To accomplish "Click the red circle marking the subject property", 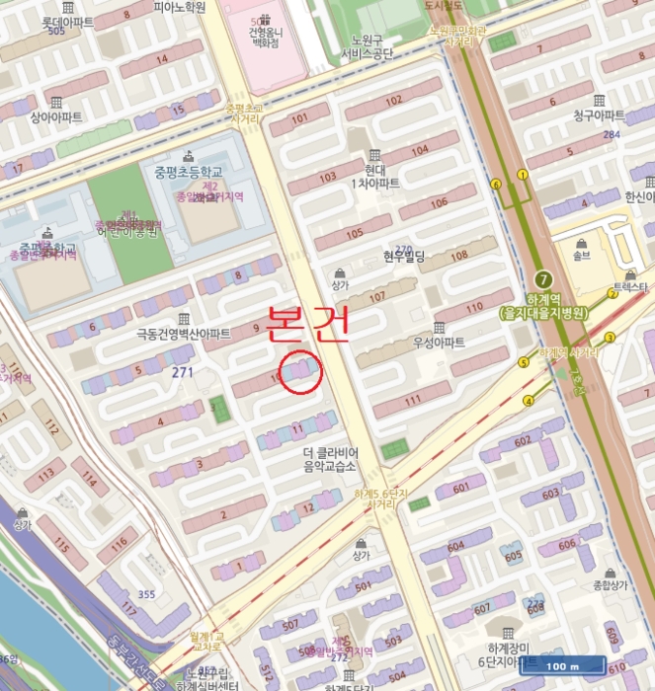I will pyautogui.click(x=299, y=372).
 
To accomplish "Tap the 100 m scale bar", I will pyautogui.click(x=561, y=666).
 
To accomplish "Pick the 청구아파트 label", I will pyautogui.click(x=599, y=115).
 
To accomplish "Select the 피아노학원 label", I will pyautogui.click(x=179, y=7).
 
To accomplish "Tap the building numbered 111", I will pyautogui.click(x=412, y=400).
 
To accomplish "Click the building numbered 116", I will pyautogui.click(x=118, y=543).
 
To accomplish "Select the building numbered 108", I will pyautogui.click(x=458, y=257).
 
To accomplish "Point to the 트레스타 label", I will pyautogui.click(x=630, y=286).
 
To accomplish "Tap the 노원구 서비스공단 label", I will pyautogui.click(x=368, y=45).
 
